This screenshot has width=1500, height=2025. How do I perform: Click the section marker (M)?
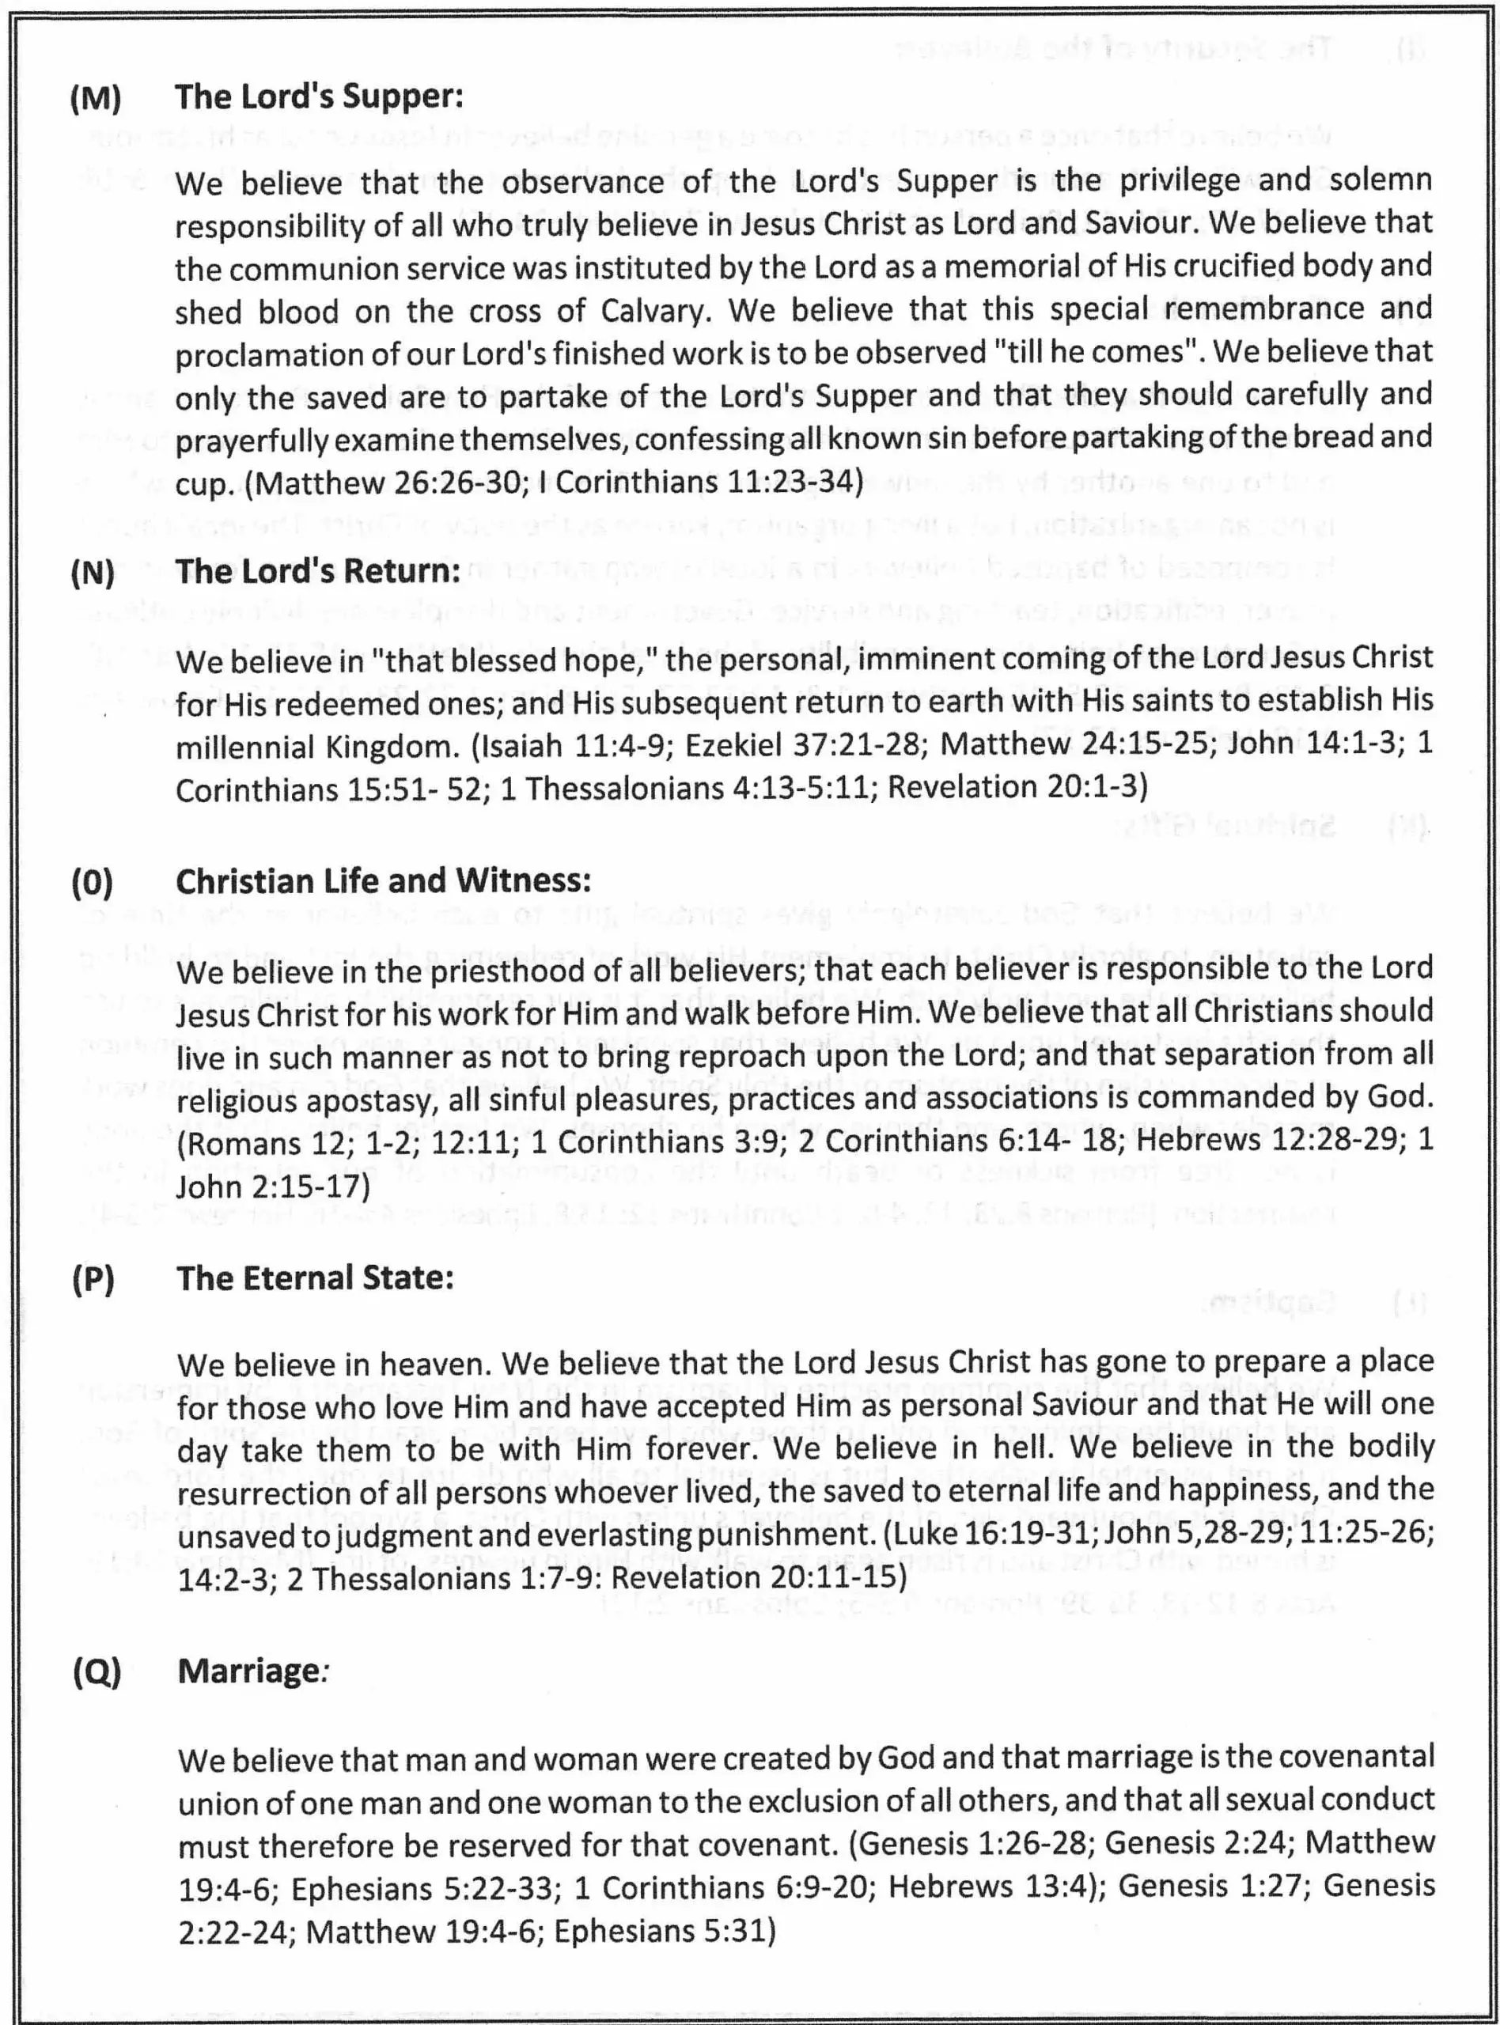click(x=96, y=97)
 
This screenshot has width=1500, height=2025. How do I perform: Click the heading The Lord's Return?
click(x=318, y=571)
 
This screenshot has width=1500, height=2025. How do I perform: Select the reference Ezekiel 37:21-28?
click(x=804, y=745)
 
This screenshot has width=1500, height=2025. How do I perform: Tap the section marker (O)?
click(x=93, y=881)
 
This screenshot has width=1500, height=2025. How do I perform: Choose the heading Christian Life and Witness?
click(x=383, y=881)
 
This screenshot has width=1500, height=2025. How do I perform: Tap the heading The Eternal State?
click(x=315, y=1278)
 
